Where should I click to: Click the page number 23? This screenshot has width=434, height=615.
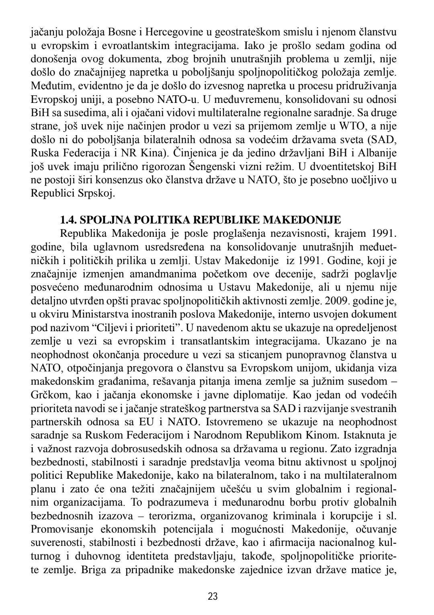click(x=213, y=596)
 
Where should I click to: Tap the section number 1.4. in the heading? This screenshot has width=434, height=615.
click(x=68, y=220)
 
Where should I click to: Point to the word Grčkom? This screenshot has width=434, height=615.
click(x=48, y=394)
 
